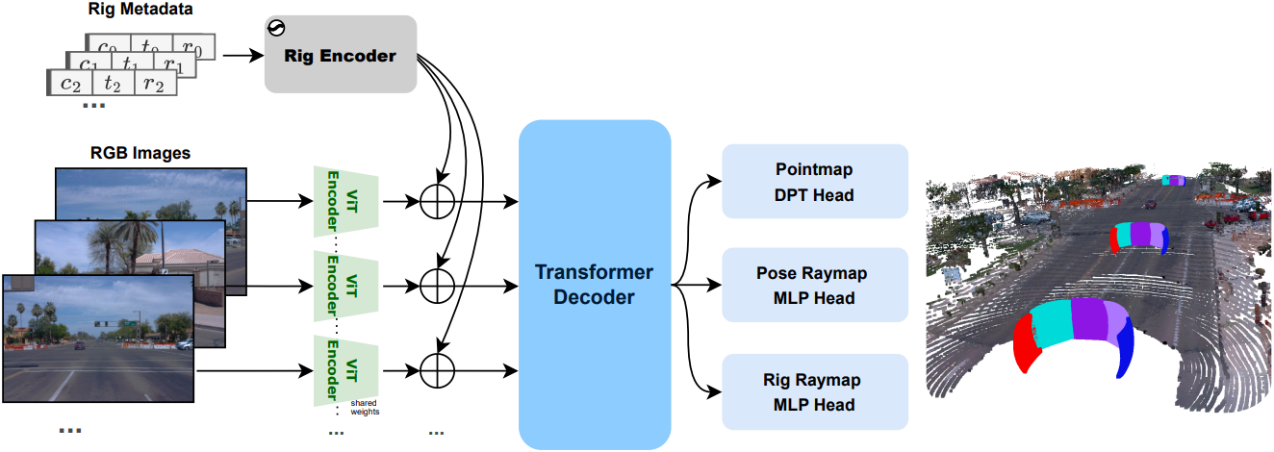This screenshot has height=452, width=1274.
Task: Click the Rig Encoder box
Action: tap(340, 55)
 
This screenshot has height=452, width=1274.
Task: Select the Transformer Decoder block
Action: tap(594, 285)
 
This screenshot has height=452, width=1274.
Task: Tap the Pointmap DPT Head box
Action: tap(814, 182)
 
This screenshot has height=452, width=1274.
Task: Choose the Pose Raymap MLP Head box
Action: tap(814, 286)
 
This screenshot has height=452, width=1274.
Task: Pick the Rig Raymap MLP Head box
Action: tap(814, 392)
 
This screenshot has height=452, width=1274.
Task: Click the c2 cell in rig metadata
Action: tap(71, 84)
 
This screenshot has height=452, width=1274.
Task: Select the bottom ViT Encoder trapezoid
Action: tap(343, 370)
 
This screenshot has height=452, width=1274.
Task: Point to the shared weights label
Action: tap(365, 408)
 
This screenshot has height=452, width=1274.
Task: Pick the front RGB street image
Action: tap(98, 330)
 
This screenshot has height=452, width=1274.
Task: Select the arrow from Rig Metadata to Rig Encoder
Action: tap(242, 55)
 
